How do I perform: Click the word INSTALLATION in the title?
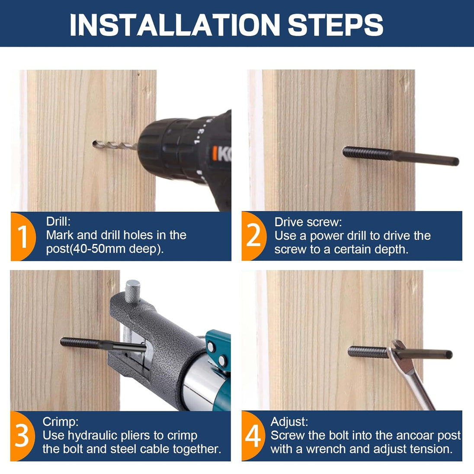[x=175, y=25]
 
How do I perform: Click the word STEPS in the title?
[x=335, y=25]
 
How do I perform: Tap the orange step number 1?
[x=23, y=237]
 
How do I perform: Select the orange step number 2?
[x=253, y=236]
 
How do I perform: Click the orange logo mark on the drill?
[x=215, y=153]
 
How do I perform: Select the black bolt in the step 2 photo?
[x=400, y=156]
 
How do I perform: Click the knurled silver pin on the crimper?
[x=133, y=291]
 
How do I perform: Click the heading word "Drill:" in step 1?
[x=58, y=221]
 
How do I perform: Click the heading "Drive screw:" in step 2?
[x=308, y=222]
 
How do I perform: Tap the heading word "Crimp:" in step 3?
[x=61, y=422]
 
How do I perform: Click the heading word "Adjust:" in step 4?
[x=289, y=422]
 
